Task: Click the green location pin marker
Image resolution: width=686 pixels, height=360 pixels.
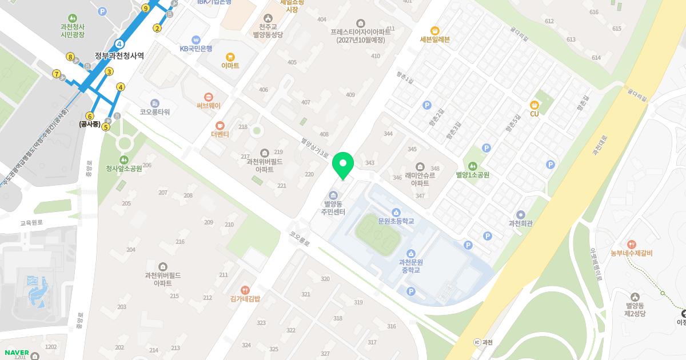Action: pos(343,165)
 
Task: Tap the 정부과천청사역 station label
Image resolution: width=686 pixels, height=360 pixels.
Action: pos(119,56)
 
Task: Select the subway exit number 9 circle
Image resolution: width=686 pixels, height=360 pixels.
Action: pos(146,8)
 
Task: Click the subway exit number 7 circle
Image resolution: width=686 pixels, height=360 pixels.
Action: pos(56,74)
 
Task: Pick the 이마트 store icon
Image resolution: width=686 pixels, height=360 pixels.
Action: pos(230,57)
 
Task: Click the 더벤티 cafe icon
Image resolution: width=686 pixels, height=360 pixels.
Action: pos(220,125)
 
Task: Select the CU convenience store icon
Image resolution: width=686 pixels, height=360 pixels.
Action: pos(535,105)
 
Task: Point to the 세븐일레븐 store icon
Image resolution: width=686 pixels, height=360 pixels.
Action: pos(434,30)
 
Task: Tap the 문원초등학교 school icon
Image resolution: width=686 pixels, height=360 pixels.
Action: pos(396,213)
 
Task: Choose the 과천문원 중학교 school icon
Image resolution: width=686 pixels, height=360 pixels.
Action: pos(410,254)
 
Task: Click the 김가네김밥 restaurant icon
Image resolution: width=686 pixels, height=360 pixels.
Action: pos(245,290)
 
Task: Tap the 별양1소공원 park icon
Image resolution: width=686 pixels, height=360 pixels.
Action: pos(472,166)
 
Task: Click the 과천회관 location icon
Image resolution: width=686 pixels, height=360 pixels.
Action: pos(520,214)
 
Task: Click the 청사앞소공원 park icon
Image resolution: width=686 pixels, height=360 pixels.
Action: pos(123,159)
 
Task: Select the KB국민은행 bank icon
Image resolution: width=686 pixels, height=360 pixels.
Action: pos(196,40)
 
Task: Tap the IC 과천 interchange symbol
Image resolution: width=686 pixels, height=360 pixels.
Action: pos(477,342)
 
